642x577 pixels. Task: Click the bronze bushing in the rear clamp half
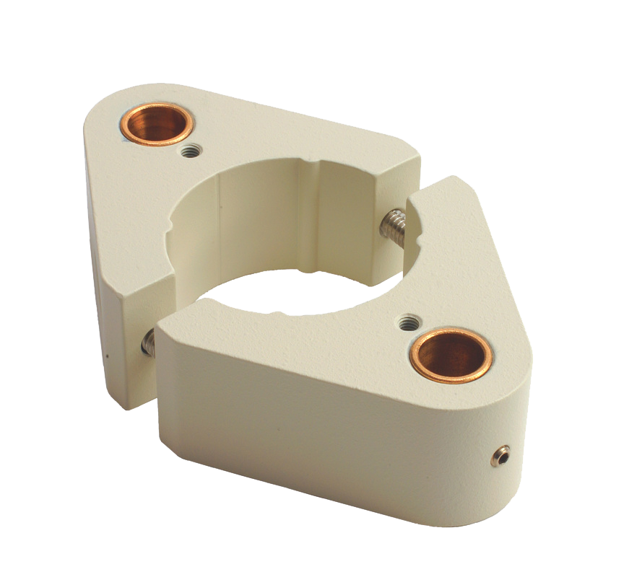pos(155,123)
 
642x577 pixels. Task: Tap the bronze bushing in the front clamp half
pos(451,355)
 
